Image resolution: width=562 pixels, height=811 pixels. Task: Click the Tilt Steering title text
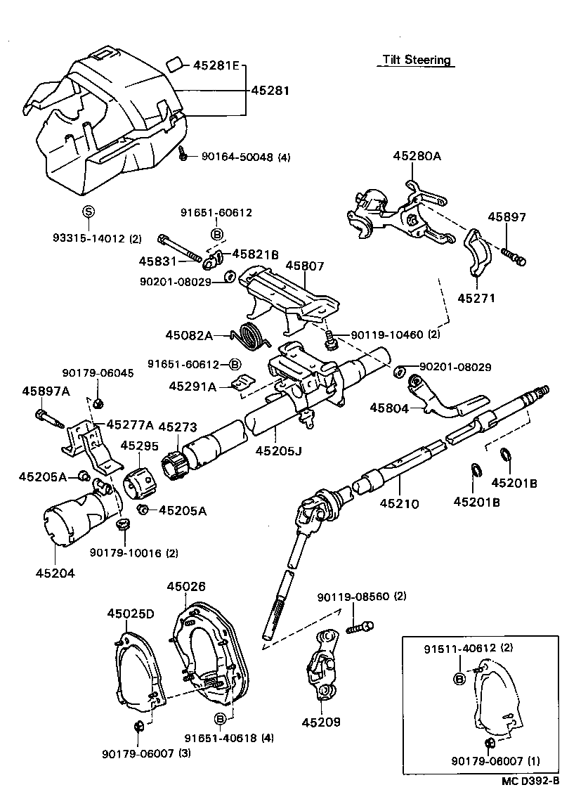point(417,60)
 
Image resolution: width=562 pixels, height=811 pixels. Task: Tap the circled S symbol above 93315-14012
point(89,211)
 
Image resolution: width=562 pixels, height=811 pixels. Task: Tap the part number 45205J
point(277,450)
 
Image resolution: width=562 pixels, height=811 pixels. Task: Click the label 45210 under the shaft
point(399,503)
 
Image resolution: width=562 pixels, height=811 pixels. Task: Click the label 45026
point(186,585)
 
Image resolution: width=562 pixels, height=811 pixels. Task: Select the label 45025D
point(130,614)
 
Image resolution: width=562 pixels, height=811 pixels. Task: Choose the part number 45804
point(389,407)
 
